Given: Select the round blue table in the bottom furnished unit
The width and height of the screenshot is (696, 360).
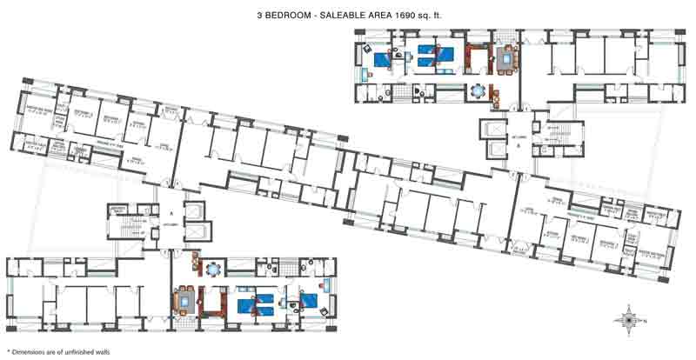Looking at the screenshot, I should pyautogui.click(x=214, y=267).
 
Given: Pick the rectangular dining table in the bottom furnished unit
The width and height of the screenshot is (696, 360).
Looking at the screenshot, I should pyautogui.click(x=185, y=301).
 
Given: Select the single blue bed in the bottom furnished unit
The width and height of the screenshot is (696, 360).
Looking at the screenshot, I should pyautogui.click(x=310, y=301).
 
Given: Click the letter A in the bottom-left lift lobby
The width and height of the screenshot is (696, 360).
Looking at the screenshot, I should pyautogui.click(x=172, y=212).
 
